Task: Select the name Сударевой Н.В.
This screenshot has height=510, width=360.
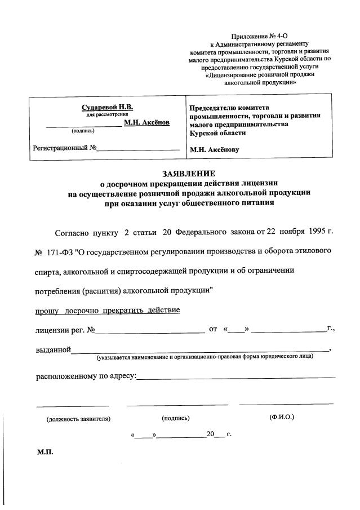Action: point(108,107)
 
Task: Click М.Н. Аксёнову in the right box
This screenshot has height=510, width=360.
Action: point(215,150)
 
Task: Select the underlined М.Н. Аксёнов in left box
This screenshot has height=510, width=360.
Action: point(146,122)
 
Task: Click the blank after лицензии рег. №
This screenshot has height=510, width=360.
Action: point(149,331)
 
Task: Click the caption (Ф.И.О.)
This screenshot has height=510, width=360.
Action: point(282,418)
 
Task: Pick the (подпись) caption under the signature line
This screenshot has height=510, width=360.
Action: point(175,418)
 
